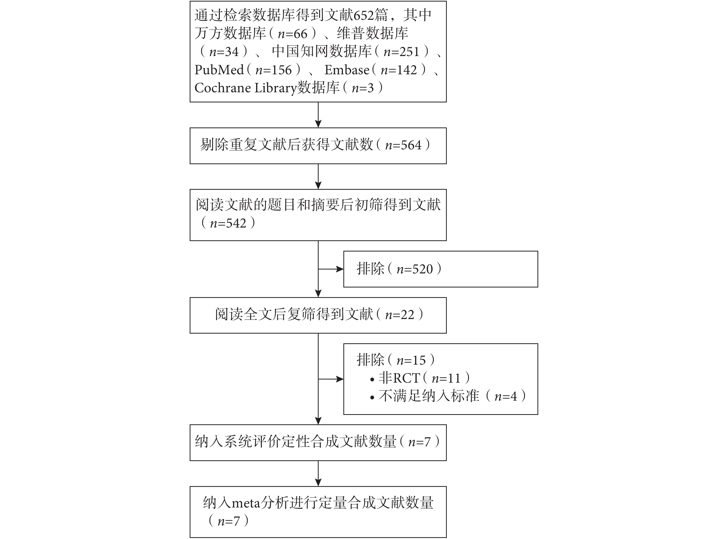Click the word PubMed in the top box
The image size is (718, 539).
point(219,70)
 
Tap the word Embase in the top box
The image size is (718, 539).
point(347,70)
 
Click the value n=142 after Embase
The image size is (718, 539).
point(399,70)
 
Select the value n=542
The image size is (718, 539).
point(228,223)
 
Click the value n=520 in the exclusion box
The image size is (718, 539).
point(415,269)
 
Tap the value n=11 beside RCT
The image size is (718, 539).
point(446,378)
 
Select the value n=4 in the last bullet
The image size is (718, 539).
point(506,396)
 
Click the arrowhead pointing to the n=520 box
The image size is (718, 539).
point(340,269)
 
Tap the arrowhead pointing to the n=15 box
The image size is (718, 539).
point(340,379)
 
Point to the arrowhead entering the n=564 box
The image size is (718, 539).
point(318,124)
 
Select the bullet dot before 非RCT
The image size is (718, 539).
point(372,379)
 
